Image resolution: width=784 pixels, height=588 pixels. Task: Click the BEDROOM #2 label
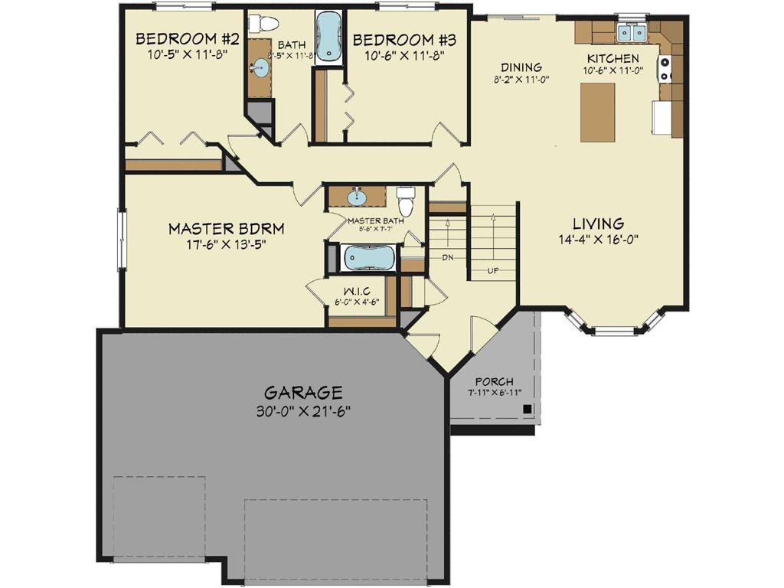pos(178,39)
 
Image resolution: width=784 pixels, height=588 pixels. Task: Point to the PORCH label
pos(494,381)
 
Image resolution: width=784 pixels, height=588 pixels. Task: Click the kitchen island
pos(597,112)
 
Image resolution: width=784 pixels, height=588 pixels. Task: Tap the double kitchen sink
pos(632,32)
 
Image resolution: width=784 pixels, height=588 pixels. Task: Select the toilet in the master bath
pos(406,202)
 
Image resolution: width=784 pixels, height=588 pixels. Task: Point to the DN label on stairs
pos(449,257)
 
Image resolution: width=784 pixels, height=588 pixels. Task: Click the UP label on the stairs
pos(495,270)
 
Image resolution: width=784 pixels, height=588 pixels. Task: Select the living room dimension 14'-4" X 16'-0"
pos(598,239)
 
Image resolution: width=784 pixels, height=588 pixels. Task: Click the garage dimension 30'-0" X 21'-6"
pos(305,410)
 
